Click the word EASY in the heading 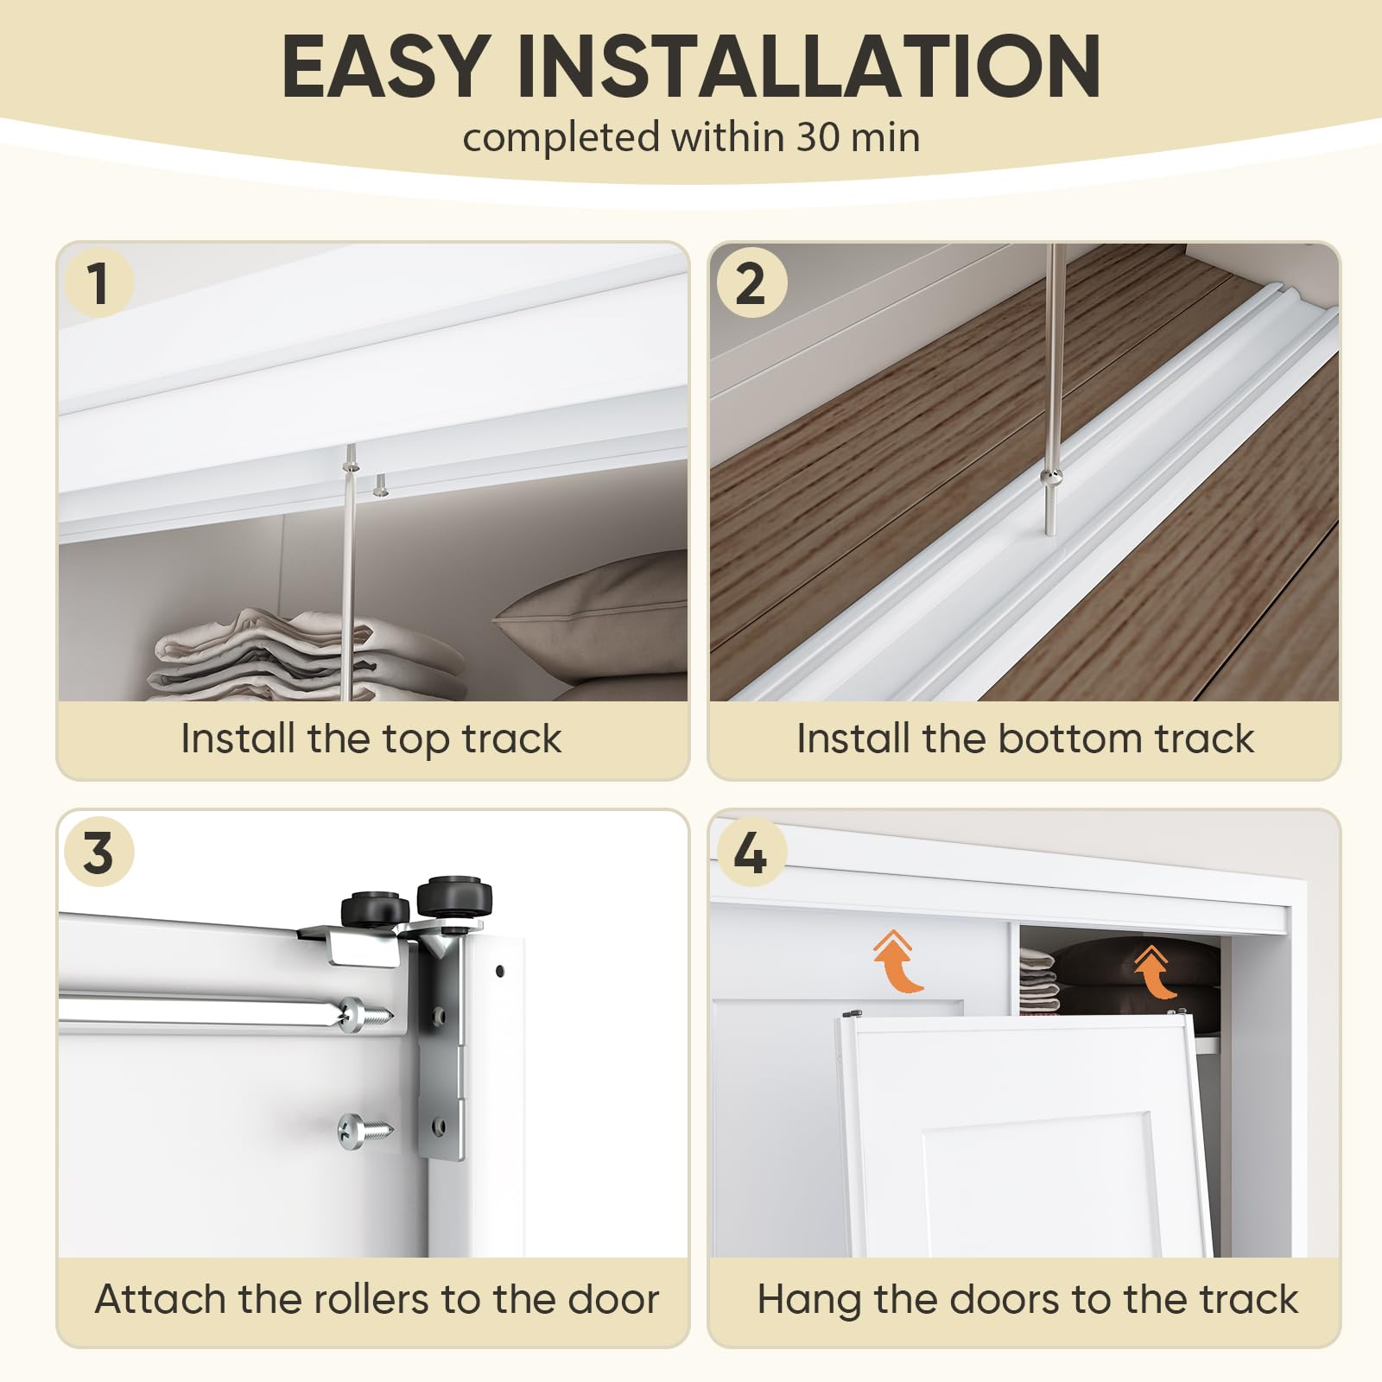click(385, 67)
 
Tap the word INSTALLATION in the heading click(808, 67)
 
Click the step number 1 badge click(98, 282)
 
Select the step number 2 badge click(751, 282)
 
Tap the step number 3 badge click(98, 852)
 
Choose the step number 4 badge click(751, 852)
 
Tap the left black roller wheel click(376, 909)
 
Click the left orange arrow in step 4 click(897, 962)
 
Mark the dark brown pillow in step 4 click(1123, 972)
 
